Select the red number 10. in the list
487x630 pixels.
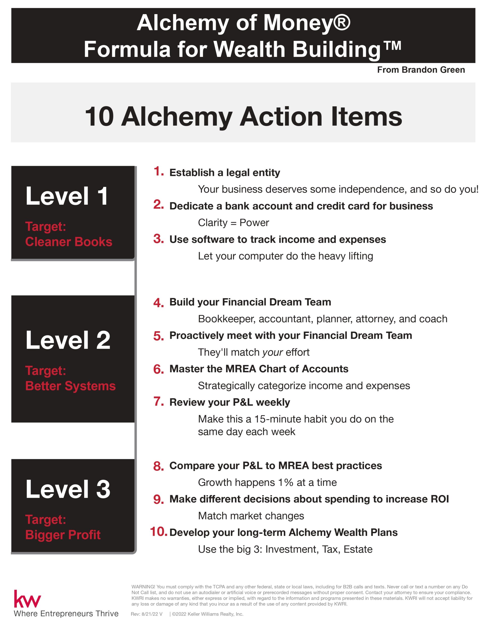click(158, 531)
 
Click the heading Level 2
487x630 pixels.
click(68, 340)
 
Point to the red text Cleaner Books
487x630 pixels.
click(69, 242)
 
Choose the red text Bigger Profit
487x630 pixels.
click(63, 535)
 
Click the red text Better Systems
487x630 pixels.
click(70, 386)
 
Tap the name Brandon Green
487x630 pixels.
click(433, 70)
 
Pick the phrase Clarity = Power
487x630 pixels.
click(233, 223)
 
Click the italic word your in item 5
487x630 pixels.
click(272, 352)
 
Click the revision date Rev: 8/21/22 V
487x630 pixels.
click(146, 614)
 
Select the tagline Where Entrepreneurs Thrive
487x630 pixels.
click(66, 614)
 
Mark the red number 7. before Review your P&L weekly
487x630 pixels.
click(158, 401)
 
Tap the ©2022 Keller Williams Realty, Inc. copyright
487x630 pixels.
click(207, 614)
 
